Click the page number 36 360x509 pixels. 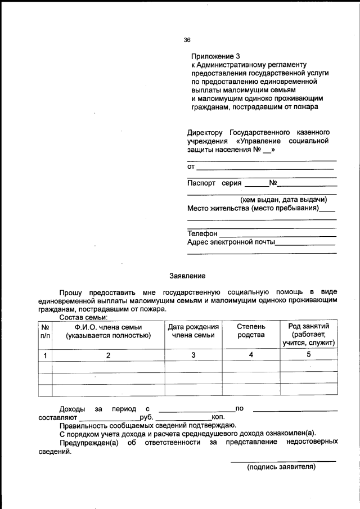[x=187, y=40]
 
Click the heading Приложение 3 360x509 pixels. [x=215, y=56]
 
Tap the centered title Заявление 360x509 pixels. [x=187, y=276]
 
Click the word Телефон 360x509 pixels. [x=202, y=233]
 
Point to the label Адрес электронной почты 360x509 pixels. [x=231, y=242]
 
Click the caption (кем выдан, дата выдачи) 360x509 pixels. [x=283, y=200]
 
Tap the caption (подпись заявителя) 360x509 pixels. [x=282, y=467]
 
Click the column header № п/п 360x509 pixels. [x=44, y=331]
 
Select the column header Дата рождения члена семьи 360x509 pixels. [x=193, y=331]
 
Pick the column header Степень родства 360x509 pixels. [x=251, y=331]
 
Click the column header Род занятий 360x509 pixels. [x=309, y=326]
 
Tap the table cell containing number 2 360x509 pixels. [x=108, y=354]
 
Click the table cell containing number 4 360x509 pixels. [x=251, y=354]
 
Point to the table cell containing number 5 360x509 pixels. [x=309, y=354]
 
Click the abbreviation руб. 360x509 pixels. [x=146, y=417]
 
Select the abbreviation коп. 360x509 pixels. [x=218, y=417]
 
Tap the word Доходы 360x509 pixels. [x=72, y=408]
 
